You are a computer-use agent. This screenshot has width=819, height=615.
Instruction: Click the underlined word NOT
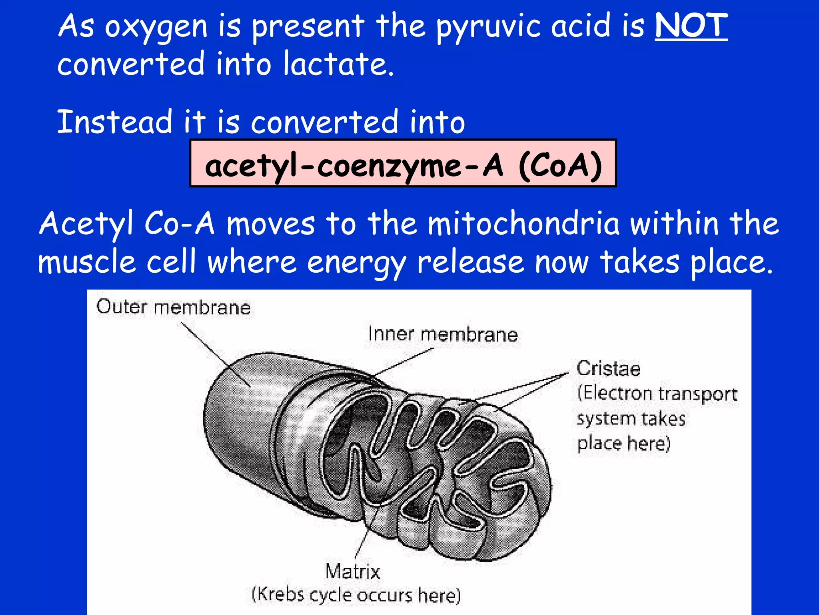pos(691,26)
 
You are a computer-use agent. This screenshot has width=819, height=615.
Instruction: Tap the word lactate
pos(338,64)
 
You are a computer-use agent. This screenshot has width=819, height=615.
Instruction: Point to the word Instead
pos(114,122)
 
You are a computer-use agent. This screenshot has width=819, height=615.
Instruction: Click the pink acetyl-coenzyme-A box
pos(403,163)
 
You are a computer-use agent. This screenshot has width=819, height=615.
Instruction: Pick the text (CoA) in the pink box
pos(560,165)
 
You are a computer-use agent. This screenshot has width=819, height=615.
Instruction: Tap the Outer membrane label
pos(173,307)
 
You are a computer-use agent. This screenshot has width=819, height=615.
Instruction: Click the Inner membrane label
pos(443,334)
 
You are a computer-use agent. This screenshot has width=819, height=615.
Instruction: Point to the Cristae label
pos(608,369)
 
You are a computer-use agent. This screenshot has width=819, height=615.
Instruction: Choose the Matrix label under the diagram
pos(352,571)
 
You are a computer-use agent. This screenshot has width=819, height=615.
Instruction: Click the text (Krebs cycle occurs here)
pos(356,595)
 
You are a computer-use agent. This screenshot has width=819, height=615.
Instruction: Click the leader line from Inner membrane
pos(404,362)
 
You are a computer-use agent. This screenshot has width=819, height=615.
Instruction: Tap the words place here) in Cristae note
pos(623,444)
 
